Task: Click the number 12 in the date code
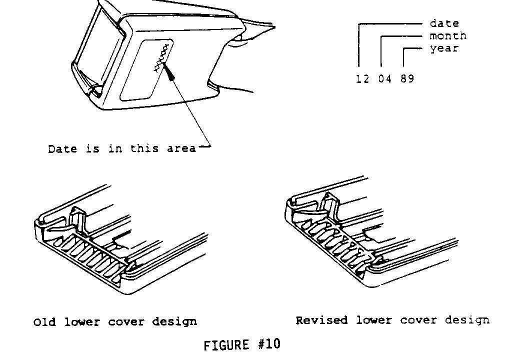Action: [x=362, y=79]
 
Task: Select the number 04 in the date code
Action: [x=384, y=79]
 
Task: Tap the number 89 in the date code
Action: [x=407, y=79]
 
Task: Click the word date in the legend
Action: [x=444, y=23]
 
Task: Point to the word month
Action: [x=448, y=36]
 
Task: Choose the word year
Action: [x=444, y=49]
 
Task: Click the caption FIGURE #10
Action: [x=242, y=345]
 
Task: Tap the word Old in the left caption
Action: [x=44, y=322]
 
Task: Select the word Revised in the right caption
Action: [x=321, y=320]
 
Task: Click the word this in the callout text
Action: [x=145, y=148]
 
